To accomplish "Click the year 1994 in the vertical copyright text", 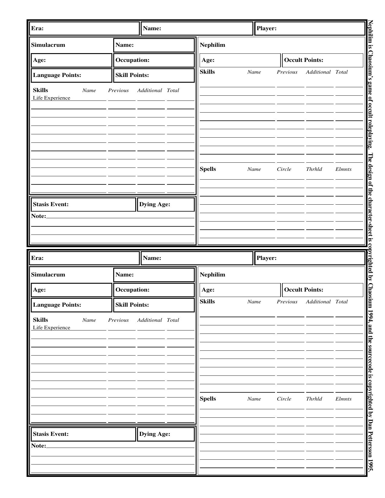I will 371,314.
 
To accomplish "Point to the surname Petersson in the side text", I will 371,441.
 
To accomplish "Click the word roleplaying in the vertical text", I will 371,133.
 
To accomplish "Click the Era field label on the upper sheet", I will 37,28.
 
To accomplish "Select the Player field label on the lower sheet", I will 266,258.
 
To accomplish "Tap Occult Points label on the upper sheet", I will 303,60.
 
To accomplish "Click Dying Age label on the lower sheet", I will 155,434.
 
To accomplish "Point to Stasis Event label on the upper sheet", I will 51,204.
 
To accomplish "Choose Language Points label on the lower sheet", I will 57,305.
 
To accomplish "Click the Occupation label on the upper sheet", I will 132,60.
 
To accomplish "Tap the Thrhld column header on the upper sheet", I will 314,169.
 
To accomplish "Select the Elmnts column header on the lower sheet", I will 343,399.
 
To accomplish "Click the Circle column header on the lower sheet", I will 284,399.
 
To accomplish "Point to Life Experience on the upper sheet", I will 52,98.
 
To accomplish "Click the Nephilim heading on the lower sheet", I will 213,275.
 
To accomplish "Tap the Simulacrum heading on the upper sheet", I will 48,45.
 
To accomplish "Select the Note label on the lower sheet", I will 39,446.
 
